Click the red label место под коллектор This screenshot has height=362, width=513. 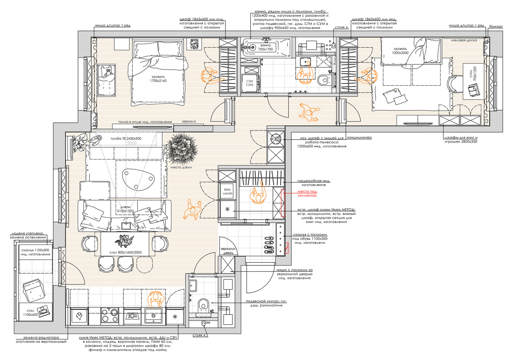click(x=307, y=194)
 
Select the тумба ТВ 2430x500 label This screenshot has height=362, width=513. click(x=126, y=139)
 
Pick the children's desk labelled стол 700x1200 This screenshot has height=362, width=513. click(x=474, y=81)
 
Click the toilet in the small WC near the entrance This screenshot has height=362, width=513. click(x=203, y=305)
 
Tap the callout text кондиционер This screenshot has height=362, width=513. click(x=359, y=138)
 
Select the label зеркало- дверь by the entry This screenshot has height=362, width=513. click(x=228, y=251)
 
